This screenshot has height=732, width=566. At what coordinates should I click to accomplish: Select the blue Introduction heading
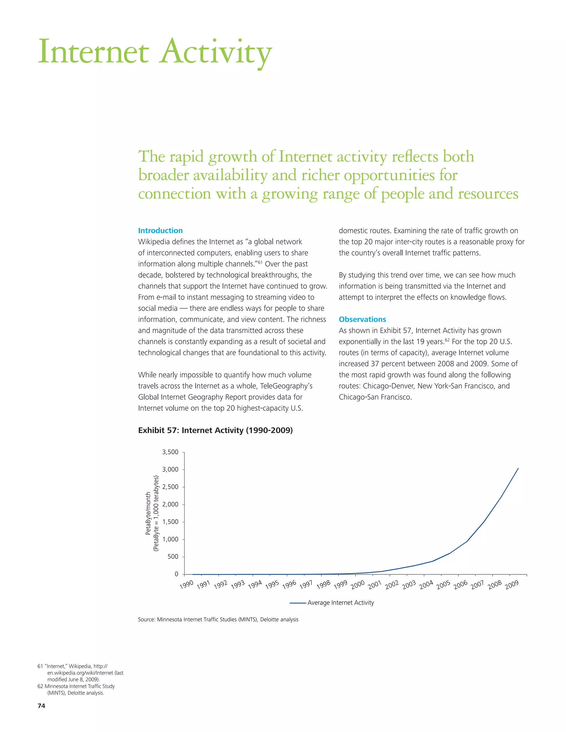[x=160, y=231]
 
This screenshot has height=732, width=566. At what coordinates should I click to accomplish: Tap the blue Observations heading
[x=362, y=319]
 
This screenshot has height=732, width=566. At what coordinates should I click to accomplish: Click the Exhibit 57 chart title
[x=215, y=430]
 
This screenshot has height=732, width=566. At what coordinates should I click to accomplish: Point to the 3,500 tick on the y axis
[x=170, y=452]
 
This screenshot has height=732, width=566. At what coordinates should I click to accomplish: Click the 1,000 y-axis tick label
[x=170, y=539]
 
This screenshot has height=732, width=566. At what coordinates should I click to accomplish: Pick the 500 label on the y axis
[x=173, y=557]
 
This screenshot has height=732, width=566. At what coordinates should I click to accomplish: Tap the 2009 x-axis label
[x=512, y=585]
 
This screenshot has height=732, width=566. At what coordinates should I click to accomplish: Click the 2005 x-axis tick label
[x=443, y=584]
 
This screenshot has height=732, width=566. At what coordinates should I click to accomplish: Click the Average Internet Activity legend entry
[x=340, y=603]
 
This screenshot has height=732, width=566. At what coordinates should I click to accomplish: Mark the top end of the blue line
[x=518, y=468]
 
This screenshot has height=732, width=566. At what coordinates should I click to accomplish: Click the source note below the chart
[x=218, y=619]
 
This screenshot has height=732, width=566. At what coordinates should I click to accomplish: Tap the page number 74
[x=41, y=705]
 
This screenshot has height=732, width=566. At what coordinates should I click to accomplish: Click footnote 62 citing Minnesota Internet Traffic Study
[x=76, y=689]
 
